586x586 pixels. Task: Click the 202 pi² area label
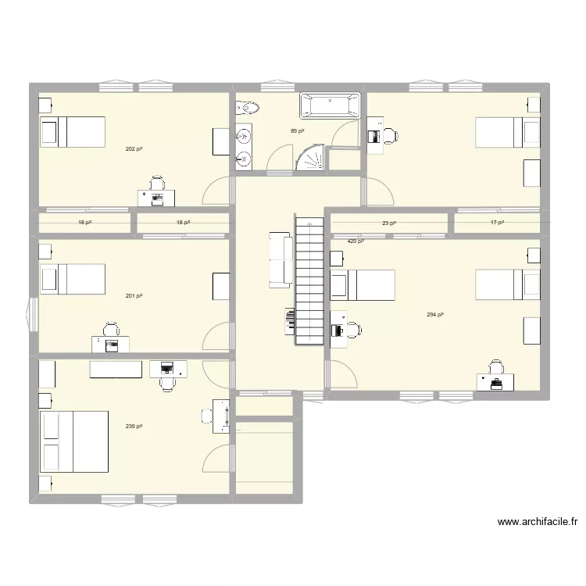[134, 148]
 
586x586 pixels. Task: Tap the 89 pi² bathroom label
[297, 132]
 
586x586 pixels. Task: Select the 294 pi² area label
[435, 315]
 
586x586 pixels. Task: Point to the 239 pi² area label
[134, 427]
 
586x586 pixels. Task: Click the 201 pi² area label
[134, 296]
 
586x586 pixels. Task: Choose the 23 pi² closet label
[388, 223]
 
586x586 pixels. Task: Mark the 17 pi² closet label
[497, 223]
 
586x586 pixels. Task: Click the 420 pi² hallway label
[356, 241]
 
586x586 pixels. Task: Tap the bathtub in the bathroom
[331, 105]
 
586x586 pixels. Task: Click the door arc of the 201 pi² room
[217, 338]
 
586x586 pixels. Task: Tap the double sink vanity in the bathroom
[244, 148]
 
